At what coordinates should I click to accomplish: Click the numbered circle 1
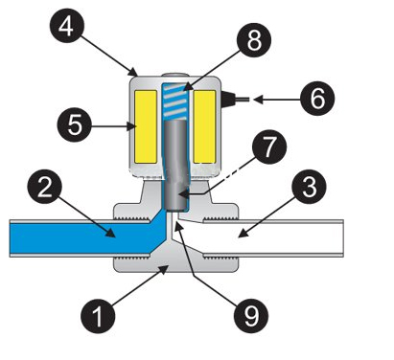point(98,316)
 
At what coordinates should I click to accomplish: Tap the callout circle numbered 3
point(309,187)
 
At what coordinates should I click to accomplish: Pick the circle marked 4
point(67,27)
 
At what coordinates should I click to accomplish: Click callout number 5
point(75,124)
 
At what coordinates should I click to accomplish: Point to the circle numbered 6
point(317,99)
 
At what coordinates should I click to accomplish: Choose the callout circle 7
point(269,146)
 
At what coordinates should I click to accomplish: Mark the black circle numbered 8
point(254,40)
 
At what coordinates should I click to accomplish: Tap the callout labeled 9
point(251,316)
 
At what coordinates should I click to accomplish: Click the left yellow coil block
point(146,126)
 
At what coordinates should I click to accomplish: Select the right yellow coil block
point(204,126)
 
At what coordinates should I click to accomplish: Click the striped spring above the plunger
point(174,101)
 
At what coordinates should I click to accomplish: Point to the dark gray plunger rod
point(175,166)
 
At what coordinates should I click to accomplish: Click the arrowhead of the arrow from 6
point(258,100)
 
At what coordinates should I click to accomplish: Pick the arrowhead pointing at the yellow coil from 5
point(131,126)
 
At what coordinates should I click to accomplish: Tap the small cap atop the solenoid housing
point(174,76)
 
